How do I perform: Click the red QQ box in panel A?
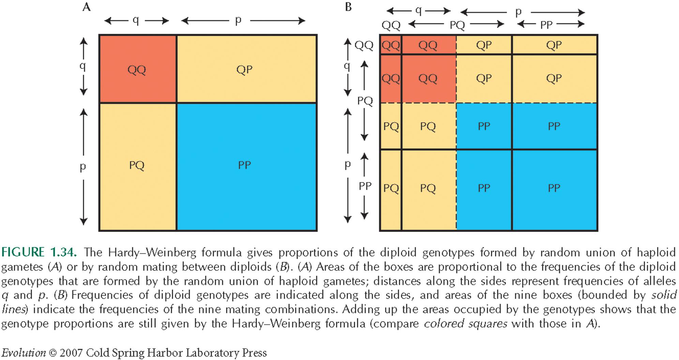[x=138, y=69]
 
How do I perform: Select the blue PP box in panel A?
[x=246, y=167]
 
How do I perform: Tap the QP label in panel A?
[x=244, y=70]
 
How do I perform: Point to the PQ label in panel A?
[x=137, y=165]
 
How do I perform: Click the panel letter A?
[x=87, y=7]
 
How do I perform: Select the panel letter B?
[x=348, y=7]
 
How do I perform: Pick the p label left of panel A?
[x=82, y=167]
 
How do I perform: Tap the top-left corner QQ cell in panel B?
[x=391, y=45]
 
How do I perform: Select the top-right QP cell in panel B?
[x=554, y=45]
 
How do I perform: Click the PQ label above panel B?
[x=457, y=25]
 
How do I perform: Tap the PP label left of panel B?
[x=365, y=186]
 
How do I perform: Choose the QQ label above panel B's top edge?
[x=391, y=25]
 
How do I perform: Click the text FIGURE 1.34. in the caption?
[x=39, y=252]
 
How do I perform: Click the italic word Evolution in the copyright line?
[x=24, y=352]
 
